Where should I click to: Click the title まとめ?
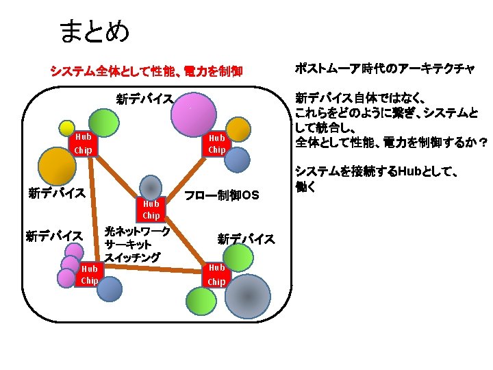pos(94,31)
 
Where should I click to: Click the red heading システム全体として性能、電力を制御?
pos(146,71)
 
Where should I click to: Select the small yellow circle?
pos(67,128)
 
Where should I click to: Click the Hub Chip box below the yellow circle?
pos(82,144)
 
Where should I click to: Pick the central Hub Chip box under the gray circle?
pos(151,209)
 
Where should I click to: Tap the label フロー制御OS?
pos(222,196)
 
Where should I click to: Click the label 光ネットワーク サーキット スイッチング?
pos(136,244)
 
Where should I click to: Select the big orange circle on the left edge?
pos(56,165)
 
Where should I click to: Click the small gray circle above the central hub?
pos(150,187)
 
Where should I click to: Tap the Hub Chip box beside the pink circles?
pos(89,274)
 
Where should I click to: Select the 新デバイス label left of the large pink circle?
pos(144,99)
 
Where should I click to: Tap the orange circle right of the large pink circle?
pos(238,129)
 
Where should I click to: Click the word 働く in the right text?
pos(305,185)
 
